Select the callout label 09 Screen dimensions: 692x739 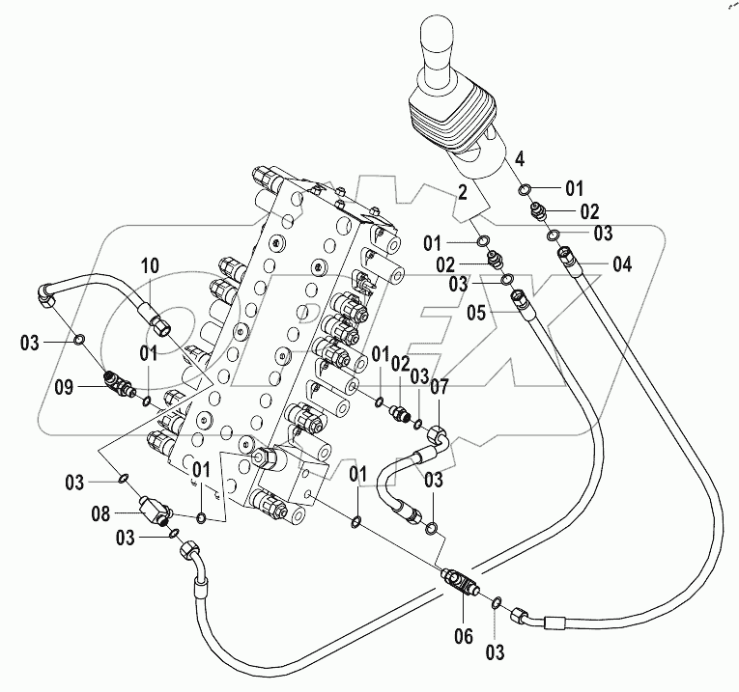(x=63, y=387)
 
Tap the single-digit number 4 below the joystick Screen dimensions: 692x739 (x=519, y=158)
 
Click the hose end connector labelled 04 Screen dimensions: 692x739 (x=566, y=257)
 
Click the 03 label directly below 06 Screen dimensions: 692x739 (x=495, y=652)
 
